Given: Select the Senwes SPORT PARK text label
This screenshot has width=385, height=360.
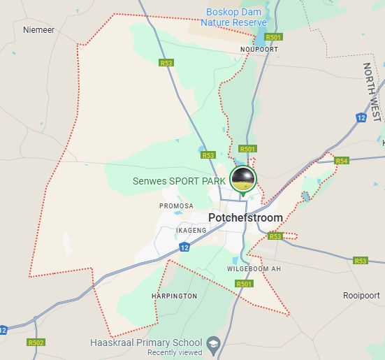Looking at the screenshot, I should click(179, 181).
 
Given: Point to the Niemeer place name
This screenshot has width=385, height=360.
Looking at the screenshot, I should click(38, 30).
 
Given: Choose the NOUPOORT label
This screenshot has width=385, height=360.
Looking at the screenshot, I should click(259, 50).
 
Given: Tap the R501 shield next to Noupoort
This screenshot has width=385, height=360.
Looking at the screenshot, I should click(274, 37).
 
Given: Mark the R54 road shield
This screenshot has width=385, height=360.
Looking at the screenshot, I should click(342, 161).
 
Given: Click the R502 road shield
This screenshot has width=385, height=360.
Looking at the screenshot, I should click(36, 343).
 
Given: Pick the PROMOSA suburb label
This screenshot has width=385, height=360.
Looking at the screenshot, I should click(176, 206).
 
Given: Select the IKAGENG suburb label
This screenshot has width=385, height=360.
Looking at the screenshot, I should click(171, 230).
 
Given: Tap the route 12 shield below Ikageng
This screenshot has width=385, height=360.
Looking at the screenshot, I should click(184, 247).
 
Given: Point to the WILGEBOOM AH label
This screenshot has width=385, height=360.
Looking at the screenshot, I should click(254, 269).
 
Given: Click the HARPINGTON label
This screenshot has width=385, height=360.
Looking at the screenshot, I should click(174, 296).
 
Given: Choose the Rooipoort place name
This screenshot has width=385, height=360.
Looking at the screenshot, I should click(361, 296).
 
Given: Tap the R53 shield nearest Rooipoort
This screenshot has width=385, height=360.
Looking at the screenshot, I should click(360, 261).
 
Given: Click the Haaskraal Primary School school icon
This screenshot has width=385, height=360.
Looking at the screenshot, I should click(215, 344).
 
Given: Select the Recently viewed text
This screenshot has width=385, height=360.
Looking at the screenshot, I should click(175, 352).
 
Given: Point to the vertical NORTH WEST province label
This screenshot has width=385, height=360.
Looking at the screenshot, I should click(372, 92).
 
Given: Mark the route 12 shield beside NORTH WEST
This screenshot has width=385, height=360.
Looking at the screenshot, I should click(361, 117).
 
